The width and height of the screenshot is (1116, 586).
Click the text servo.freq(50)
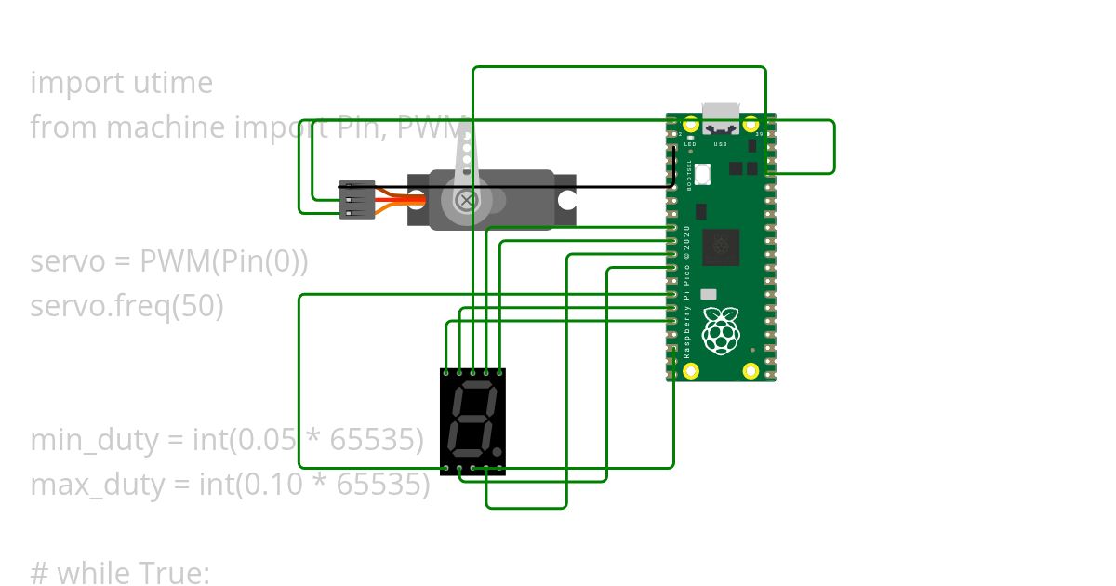point(126,305)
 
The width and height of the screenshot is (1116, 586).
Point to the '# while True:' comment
point(120,573)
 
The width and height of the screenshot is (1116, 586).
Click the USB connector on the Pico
point(721,118)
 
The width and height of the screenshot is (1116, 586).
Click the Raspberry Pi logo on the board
point(721,329)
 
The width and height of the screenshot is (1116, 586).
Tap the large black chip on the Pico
point(721,246)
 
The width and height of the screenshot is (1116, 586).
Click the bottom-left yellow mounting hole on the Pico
point(691,371)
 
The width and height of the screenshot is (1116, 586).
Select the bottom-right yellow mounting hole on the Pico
point(751,371)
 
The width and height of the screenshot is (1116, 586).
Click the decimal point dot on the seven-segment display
point(498,452)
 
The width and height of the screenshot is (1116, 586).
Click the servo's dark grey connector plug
point(357,200)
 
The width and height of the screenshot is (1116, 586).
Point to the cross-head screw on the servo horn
point(466,200)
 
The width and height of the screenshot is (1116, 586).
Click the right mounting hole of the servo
point(565,199)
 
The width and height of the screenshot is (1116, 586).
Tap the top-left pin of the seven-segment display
point(447,372)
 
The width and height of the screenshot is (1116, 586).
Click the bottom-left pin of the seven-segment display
point(447,468)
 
